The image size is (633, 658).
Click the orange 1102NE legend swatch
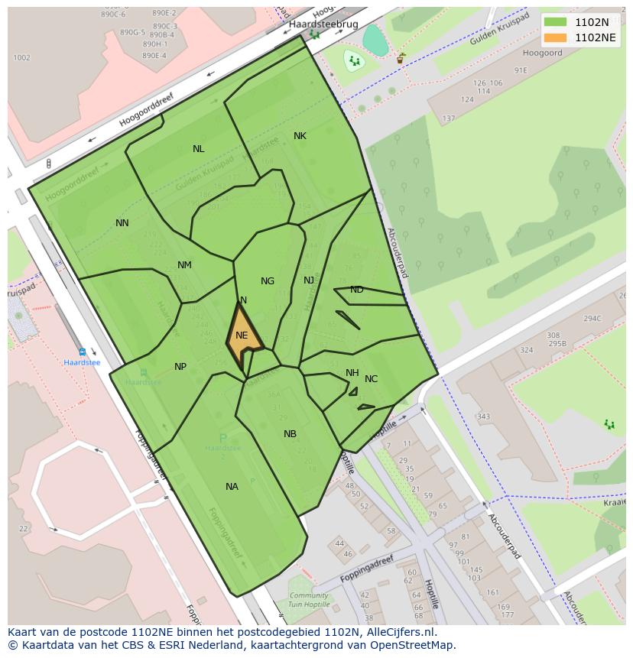click(x=556, y=37)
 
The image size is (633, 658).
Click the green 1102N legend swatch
click(x=556, y=23)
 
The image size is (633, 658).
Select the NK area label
click(x=300, y=136)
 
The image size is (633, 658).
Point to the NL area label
click(x=199, y=149)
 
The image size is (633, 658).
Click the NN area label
click(x=122, y=223)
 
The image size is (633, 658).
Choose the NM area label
click(x=184, y=265)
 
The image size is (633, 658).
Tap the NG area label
click(x=267, y=281)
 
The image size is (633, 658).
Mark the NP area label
click(x=180, y=367)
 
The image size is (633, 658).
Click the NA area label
click(x=232, y=487)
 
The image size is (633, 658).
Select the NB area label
click(x=290, y=434)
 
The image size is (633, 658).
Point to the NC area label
click(x=371, y=379)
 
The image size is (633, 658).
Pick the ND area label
click(x=356, y=290)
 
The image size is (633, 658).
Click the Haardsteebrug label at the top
click(x=323, y=24)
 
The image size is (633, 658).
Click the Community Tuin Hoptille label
click(x=309, y=600)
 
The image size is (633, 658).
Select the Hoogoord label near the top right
click(x=543, y=53)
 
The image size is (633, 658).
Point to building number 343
click(x=483, y=417)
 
